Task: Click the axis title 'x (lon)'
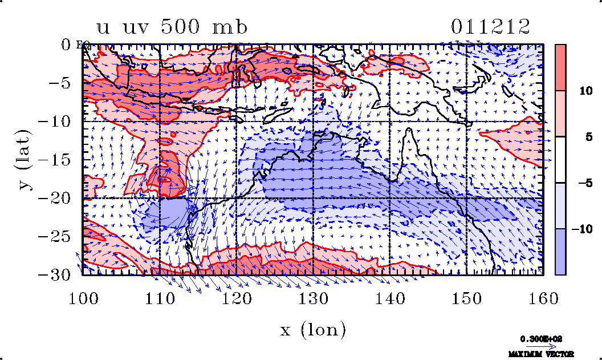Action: pos(313,330)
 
